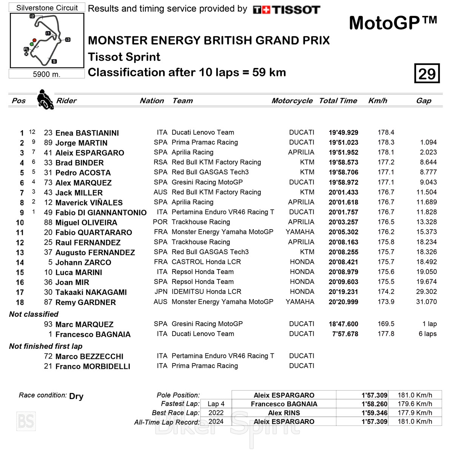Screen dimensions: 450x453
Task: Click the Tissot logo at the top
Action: (286, 10)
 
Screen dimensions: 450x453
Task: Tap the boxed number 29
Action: (427, 73)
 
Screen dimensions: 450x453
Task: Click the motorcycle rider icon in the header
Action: (45, 99)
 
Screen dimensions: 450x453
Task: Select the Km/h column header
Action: (377, 101)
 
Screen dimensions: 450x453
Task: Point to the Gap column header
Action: (424, 101)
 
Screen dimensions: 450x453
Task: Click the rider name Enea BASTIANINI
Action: (87, 133)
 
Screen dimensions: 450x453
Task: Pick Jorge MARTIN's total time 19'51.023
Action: (343, 143)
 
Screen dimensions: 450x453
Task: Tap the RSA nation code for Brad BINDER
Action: (160, 162)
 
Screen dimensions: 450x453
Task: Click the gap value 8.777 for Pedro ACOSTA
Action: (428, 172)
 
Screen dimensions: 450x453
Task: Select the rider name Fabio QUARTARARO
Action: (94, 233)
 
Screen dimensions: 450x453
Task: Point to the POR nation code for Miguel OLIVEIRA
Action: (160, 222)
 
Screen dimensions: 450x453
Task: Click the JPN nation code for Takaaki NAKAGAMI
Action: (160, 292)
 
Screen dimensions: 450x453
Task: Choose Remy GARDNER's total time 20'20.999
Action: (343, 302)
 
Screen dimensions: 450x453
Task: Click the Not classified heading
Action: (34, 314)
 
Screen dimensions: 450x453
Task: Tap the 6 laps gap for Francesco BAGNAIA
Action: (427, 334)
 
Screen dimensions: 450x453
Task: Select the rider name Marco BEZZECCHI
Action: (89, 356)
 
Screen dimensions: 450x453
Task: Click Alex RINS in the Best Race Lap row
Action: (284, 413)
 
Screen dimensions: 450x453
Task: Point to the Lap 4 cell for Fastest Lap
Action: (216, 404)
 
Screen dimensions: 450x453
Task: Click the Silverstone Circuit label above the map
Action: (47, 8)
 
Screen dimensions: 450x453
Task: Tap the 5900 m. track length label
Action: (46, 74)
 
